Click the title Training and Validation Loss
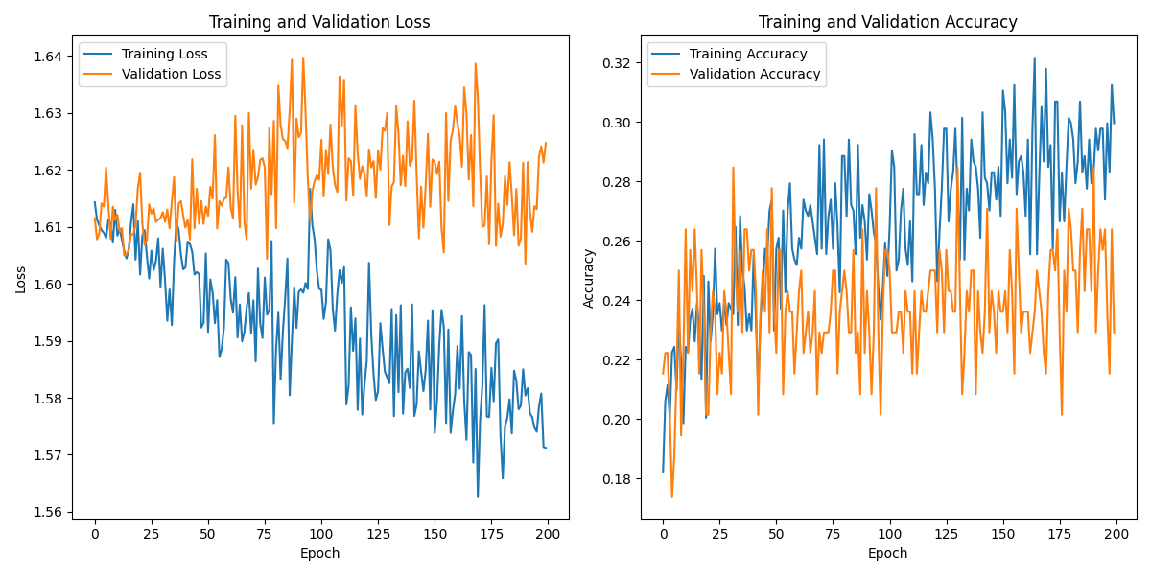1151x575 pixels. pos(319,22)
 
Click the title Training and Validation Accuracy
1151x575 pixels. pos(887,22)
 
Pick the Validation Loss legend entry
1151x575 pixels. pos(171,74)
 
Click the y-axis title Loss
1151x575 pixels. pos(20,279)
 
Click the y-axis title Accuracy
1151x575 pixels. pos(588,278)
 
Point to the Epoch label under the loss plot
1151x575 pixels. pos(319,553)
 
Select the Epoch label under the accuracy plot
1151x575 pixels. pos(887,553)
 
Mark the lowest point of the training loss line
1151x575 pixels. pos(478,496)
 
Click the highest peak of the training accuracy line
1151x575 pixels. pos(1034,57)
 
